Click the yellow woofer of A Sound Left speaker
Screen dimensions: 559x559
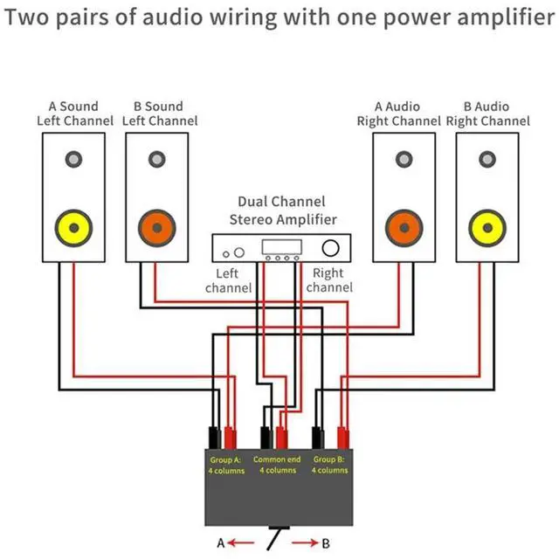pyautogui.click(x=72, y=229)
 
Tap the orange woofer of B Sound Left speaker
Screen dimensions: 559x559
pyautogui.click(x=156, y=229)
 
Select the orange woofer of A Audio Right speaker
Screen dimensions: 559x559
pyautogui.click(x=403, y=229)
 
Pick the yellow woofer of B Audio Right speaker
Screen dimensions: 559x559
pyautogui.click(x=486, y=229)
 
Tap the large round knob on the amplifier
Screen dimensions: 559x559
pyautogui.click(x=330, y=248)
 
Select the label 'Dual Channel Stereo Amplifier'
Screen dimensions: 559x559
pyautogui.click(x=282, y=210)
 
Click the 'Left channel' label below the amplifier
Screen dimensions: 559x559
pyautogui.click(x=228, y=280)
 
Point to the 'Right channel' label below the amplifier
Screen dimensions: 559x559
pyautogui.click(x=328, y=280)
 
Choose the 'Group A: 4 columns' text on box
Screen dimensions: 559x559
pyautogui.click(x=225, y=465)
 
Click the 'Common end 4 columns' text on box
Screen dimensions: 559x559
pyautogui.click(x=277, y=465)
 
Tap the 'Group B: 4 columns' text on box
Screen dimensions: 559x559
pyautogui.click(x=330, y=465)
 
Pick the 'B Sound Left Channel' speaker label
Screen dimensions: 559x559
pyautogui.click(x=159, y=114)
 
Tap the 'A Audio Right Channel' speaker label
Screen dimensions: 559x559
pyautogui.click(x=397, y=114)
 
